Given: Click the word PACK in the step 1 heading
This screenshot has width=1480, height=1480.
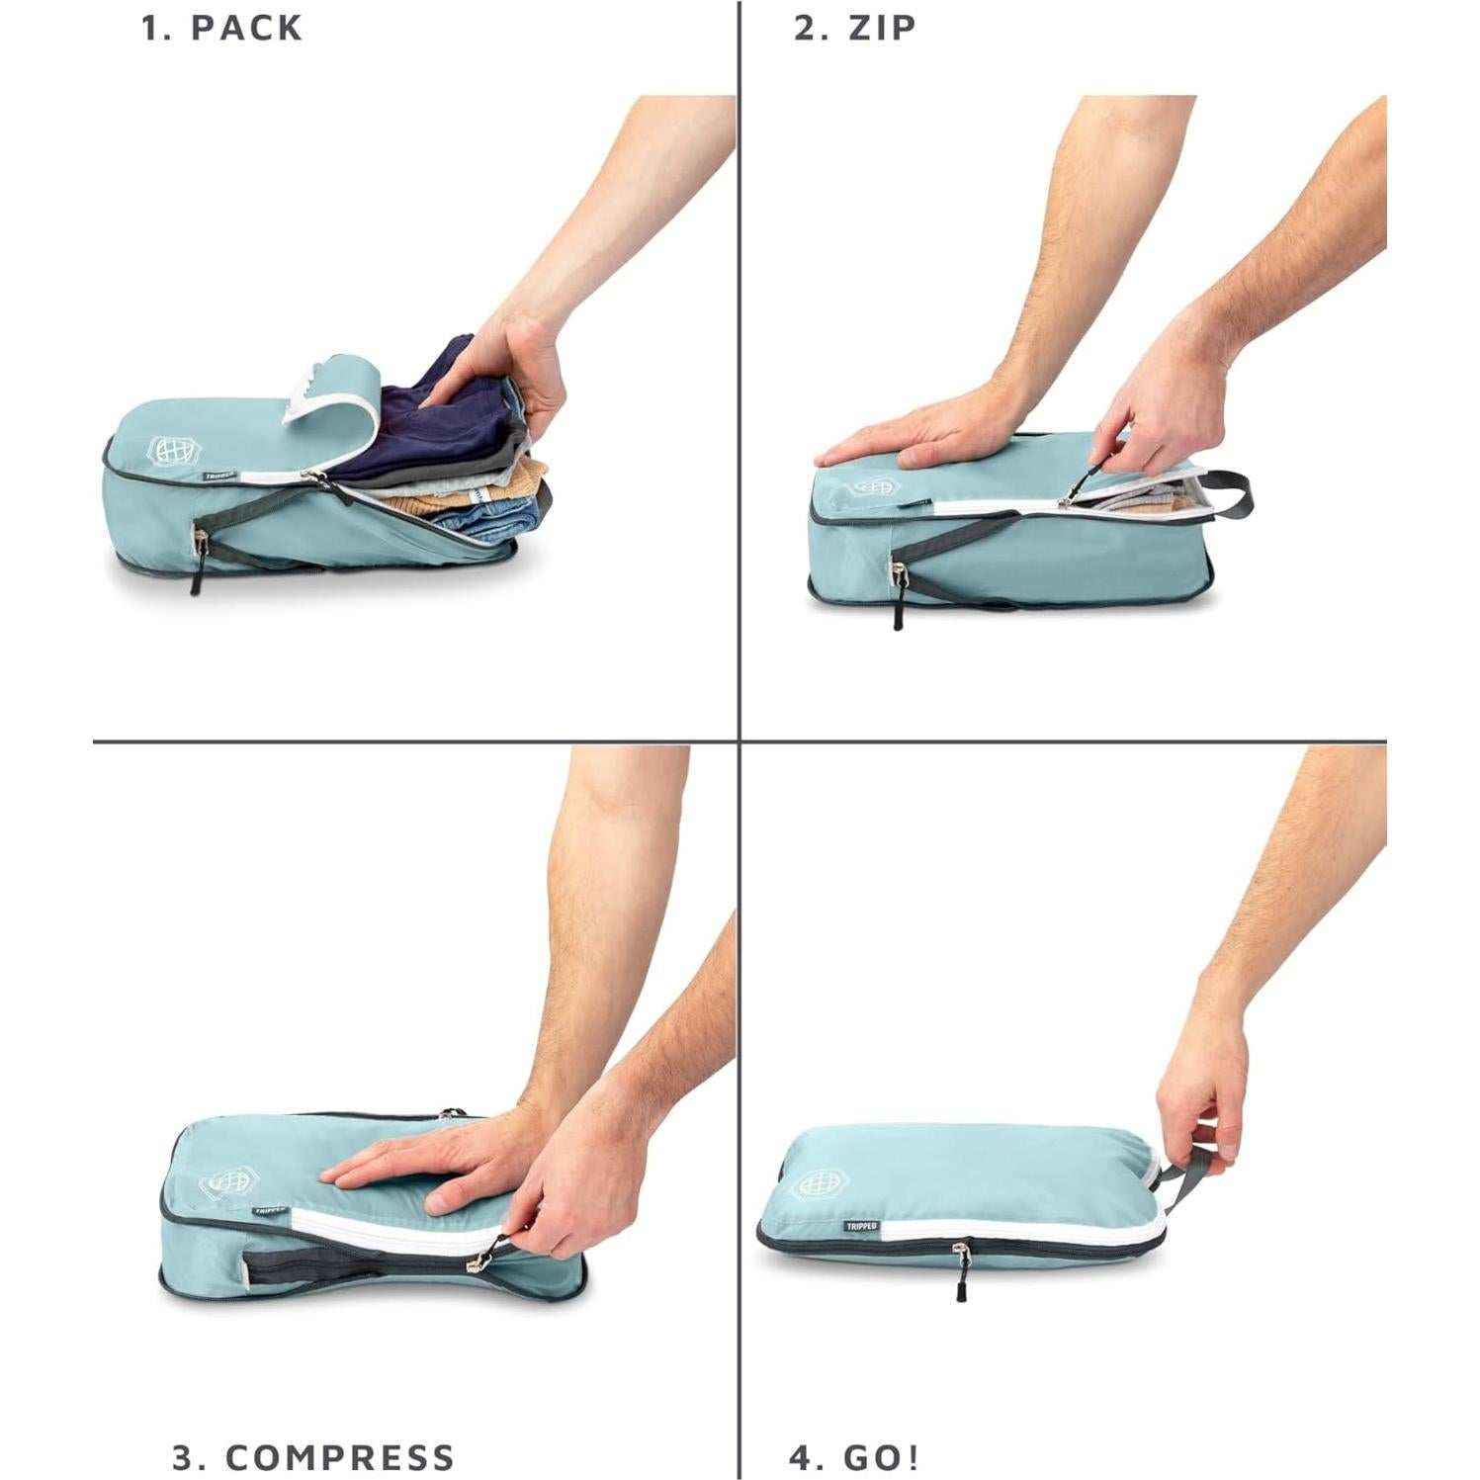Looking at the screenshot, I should pos(246,28).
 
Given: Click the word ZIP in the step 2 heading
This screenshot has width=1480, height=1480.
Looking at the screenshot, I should pos(882,28).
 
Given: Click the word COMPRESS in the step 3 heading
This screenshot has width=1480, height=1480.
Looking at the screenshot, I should pos(340,1457).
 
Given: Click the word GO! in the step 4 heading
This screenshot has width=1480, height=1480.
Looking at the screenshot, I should pos(882,1457).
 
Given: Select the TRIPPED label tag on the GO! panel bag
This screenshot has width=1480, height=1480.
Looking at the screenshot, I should pos(861,1226).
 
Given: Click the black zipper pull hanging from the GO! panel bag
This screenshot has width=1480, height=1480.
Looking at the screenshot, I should pos(960,1286).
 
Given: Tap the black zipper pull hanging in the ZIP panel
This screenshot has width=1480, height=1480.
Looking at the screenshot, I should pos(898,613).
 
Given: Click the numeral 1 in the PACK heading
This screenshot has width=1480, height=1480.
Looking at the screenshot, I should pos(151,28).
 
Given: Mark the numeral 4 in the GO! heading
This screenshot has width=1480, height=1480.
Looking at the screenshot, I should pos(800,1457).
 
